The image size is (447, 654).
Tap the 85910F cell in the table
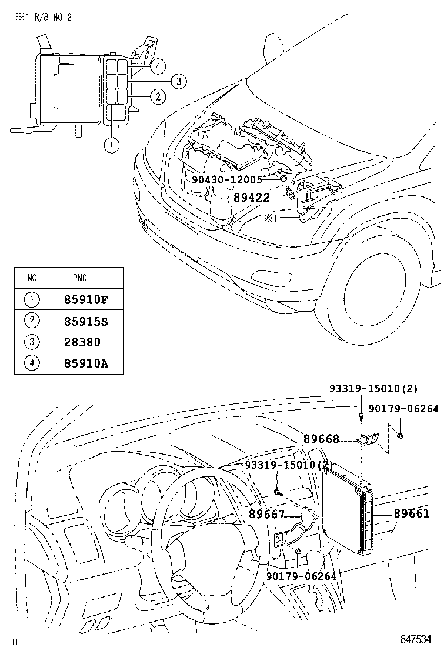pyautogui.click(x=86, y=299)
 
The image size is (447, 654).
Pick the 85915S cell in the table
pyautogui.click(x=86, y=321)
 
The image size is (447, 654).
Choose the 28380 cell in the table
pyautogui.click(x=82, y=342)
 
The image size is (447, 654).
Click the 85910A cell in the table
pyautogui.click(x=86, y=363)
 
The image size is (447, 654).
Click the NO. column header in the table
pyautogui.click(x=33, y=278)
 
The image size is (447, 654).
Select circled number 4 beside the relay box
pyautogui.click(x=157, y=67)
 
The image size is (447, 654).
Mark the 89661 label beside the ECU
pyautogui.click(x=412, y=513)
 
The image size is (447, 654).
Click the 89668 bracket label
pyautogui.click(x=322, y=439)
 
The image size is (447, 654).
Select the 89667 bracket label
pyautogui.click(x=267, y=514)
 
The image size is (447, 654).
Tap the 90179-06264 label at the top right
pyautogui.click(x=403, y=409)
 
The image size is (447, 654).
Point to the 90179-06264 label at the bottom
pyautogui.click(x=301, y=576)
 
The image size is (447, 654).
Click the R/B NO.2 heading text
pyautogui.click(x=51, y=17)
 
